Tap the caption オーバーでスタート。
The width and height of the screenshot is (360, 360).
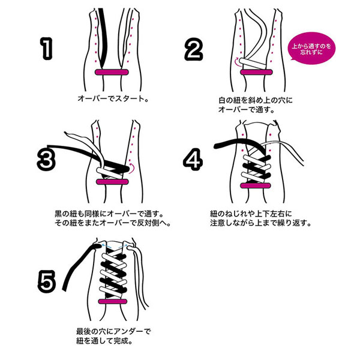(112, 97)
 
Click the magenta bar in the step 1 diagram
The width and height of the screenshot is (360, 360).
(112, 73)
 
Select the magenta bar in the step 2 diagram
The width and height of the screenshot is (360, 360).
(257, 73)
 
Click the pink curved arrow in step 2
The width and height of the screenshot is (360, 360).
(236, 61)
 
